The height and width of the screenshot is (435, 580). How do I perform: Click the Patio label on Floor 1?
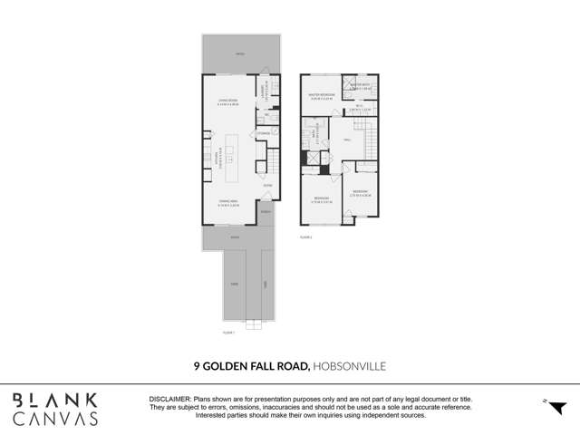tap(240, 54)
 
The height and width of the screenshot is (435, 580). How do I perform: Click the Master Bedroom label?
tap(322, 95)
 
